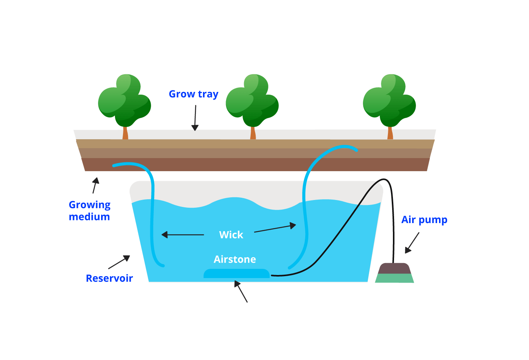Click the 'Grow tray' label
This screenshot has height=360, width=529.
click(193, 94)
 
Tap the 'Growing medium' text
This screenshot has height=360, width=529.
click(90, 211)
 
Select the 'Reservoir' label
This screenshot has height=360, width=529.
click(109, 278)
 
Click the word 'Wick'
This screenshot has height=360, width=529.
click(231, 235)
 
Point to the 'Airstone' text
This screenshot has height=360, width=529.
click(235, 260)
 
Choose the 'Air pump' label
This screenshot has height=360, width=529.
click(424, 220)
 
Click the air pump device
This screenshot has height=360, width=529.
click(394, 273)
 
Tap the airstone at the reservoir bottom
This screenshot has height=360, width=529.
click(236, 273)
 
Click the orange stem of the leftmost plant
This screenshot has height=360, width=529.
click(125, 133)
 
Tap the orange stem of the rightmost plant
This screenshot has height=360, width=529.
click(390, 133)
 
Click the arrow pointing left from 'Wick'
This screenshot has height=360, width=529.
click(183, 235)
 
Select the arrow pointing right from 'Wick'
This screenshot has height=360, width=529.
click(275, 228)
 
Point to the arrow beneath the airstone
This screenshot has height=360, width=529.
click(241, 292)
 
